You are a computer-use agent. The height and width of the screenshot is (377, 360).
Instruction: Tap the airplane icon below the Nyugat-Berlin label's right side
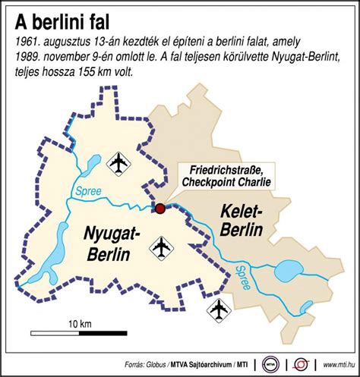click(x=161, y=247)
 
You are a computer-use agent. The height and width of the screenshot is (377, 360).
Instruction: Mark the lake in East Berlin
click(x=288, y=270)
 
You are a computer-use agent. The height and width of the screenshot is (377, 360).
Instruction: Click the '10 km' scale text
click(x=79, y=323)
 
